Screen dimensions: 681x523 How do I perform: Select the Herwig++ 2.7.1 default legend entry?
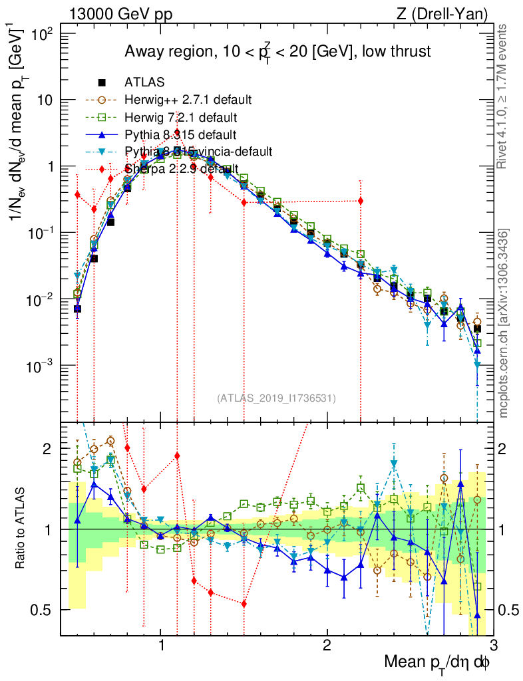[188, 100]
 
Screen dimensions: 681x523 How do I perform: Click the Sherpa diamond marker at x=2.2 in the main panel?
[361, 200]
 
